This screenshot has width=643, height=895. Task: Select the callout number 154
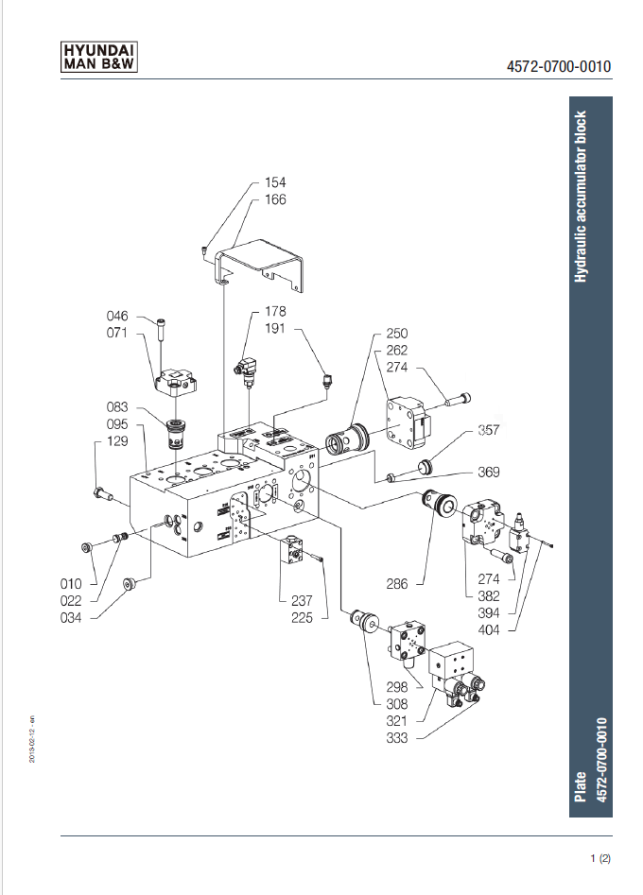point(275,181)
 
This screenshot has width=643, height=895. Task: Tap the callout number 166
point(275,199)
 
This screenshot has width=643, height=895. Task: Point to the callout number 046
point(117,316)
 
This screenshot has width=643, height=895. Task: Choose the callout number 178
point(275,311)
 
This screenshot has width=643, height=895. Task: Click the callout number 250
point(396,334)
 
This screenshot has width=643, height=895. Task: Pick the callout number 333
point(396,738)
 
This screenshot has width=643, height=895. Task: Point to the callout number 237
point(302,600)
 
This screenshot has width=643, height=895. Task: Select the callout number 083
point(118,406)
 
